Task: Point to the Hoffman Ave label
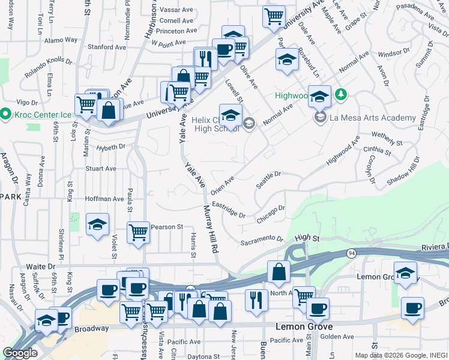tap(104, 199)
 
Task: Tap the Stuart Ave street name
tap(101, 169)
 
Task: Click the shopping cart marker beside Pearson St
tap(138, 231)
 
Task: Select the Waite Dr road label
tap(41, 265)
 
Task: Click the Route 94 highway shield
tap(351, 254)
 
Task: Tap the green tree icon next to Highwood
tap(341, 95)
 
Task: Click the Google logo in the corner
tap(20, 353)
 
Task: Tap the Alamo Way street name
tap(61, 40)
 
